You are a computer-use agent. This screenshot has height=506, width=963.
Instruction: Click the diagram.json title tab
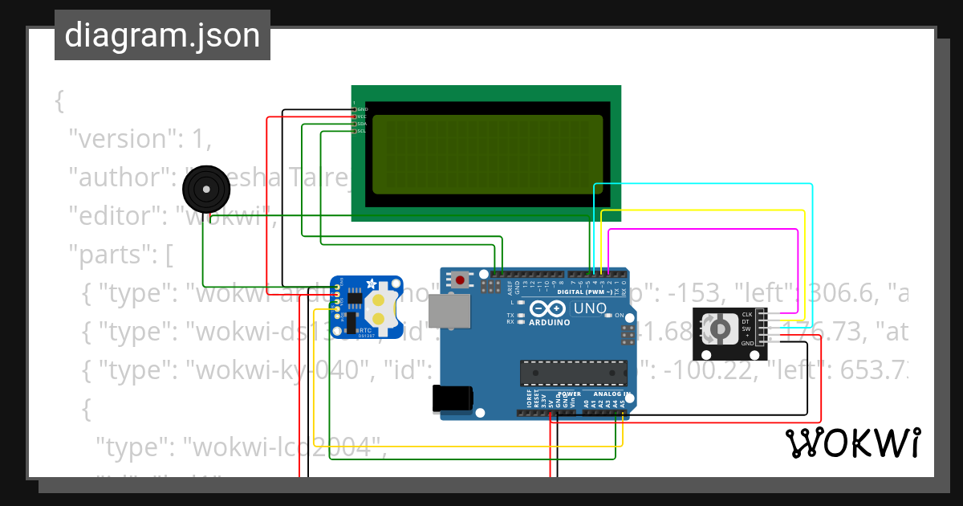point(162,35)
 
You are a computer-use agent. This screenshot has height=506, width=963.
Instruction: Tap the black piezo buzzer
point(206,190)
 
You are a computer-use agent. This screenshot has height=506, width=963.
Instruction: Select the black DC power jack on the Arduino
point(452,399)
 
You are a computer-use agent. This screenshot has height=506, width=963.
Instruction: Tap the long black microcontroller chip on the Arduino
point(573,373)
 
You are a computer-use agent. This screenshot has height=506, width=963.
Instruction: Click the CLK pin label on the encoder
point(746,314)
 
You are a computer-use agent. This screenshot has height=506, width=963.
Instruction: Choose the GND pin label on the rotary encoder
point(746,343)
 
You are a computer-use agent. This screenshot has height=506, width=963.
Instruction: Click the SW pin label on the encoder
point(746,328)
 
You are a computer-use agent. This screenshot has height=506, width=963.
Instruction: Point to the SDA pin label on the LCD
point(361,124)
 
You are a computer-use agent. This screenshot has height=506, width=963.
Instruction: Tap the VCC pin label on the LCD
point(361,116)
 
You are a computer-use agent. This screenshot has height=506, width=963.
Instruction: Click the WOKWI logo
point(852,443)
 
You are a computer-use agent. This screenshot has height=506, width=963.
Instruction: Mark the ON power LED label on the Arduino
point(620,316)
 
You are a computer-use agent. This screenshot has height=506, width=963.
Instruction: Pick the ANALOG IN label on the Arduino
point(611,394)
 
